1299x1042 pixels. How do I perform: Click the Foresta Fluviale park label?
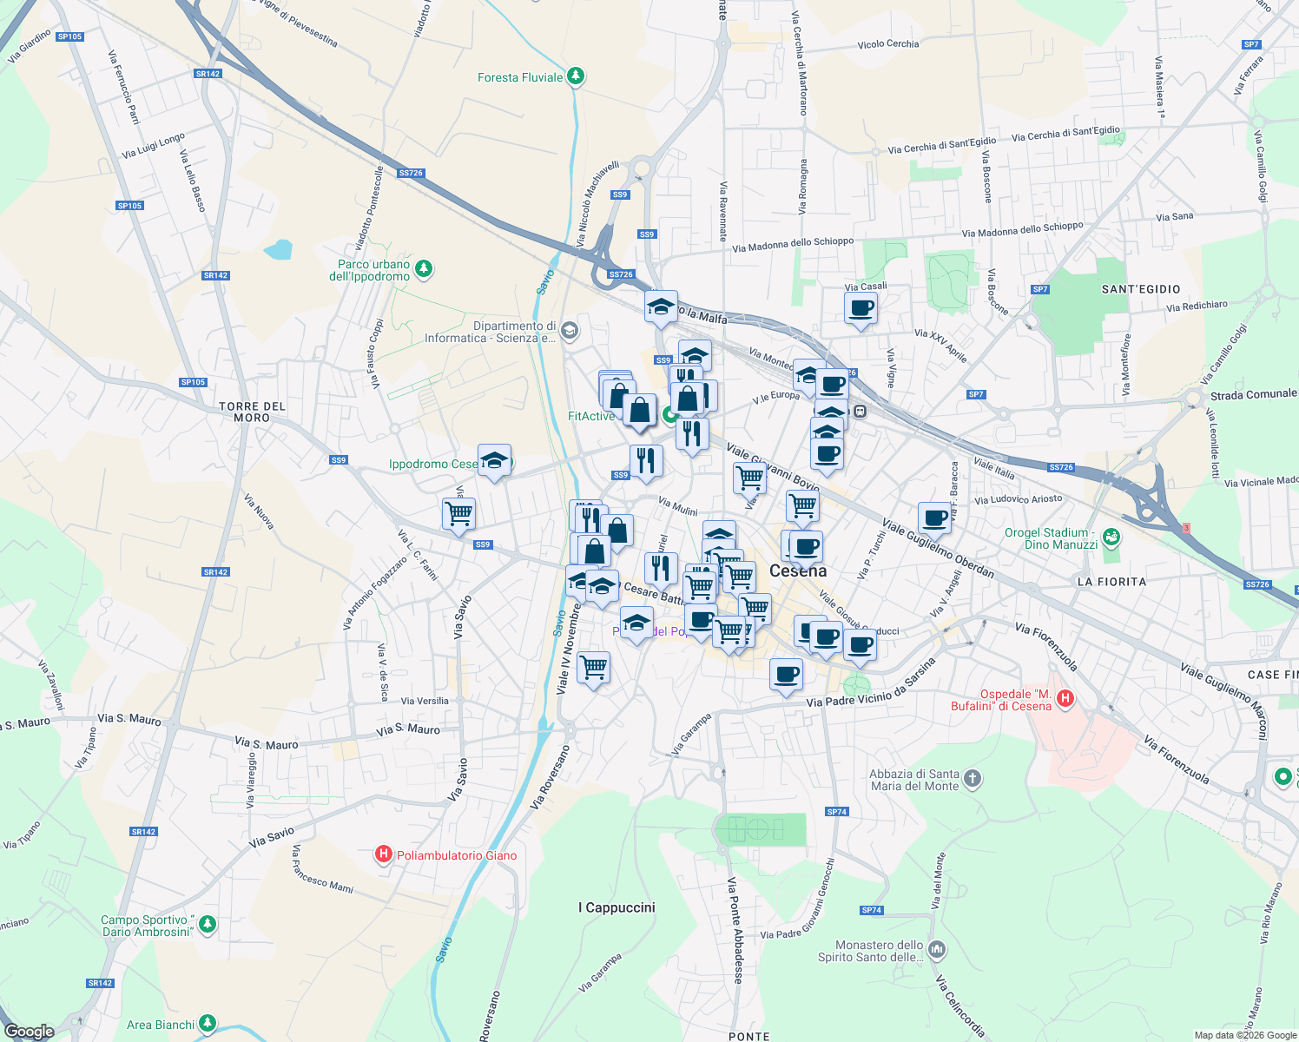(520, 77)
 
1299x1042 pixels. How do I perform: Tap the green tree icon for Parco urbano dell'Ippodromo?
(424, 268)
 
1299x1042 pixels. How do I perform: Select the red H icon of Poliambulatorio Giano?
(383, 855)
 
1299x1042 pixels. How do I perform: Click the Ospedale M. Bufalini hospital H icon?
(1065, 698)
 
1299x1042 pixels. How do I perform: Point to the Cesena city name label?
(798, 570)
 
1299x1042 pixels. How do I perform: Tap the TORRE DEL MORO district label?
(252, 412)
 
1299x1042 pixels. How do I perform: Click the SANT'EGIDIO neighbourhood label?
(1141, 289)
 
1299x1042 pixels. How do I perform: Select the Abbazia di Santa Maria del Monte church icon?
(973, 778)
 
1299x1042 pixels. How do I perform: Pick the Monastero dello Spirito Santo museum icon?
(936, 949)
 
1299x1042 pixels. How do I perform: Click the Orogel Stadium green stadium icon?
(1111, 538)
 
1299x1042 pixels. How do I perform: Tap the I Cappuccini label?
(617, 907)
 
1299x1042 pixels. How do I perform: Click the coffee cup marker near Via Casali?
(861, 308)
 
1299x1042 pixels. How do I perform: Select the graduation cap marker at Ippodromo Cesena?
(494, 460)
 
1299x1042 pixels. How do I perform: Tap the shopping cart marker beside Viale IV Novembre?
(594, 668)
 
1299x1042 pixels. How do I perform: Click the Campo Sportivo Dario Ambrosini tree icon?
(207, 924)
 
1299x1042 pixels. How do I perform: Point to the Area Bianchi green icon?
(207, 1024)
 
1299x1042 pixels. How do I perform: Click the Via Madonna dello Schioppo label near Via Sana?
(1022, 230)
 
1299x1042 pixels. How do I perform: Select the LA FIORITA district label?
(1111, 582)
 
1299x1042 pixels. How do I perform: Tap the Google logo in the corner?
(30, 1032)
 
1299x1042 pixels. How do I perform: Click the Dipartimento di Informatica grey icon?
(569, 330)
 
